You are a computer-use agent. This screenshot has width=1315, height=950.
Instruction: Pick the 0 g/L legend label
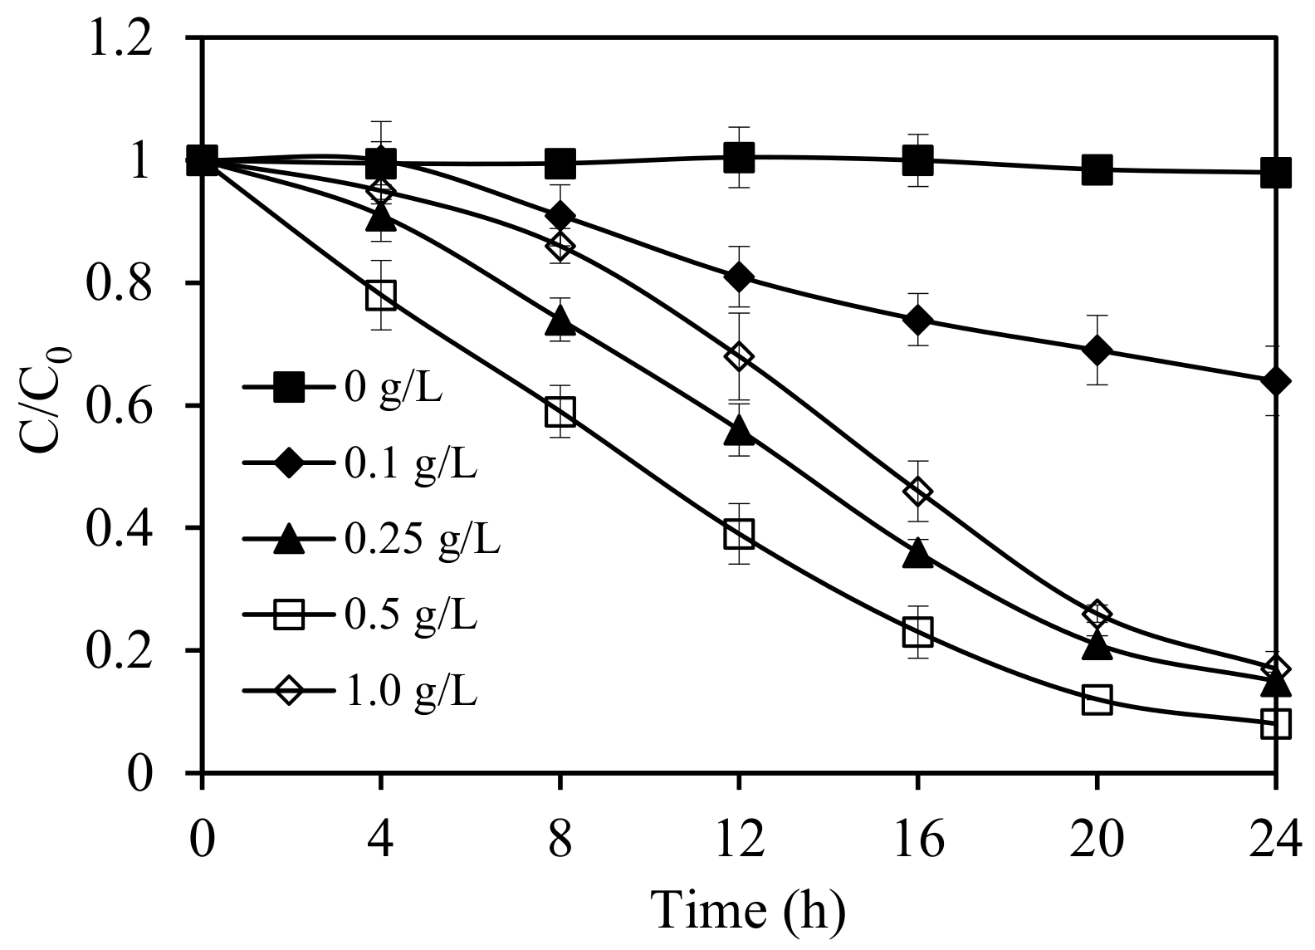[x=393, y=388]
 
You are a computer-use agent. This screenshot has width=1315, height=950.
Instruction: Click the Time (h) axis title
[x=747, y=909]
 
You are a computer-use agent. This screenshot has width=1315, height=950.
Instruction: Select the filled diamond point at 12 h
[x=738, y=277]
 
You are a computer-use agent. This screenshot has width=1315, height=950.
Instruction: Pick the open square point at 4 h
[x=381, y=295]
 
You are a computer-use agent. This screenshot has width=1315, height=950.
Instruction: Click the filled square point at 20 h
[x=1097, y=169]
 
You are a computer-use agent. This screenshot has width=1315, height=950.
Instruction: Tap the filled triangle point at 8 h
[x=560, y=320]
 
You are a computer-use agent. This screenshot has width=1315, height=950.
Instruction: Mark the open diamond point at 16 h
[x=917, y=492]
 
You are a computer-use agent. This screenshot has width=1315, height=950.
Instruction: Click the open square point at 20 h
[x=1097, y=699]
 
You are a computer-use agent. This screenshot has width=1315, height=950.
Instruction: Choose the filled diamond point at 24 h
[x=1275, y=382]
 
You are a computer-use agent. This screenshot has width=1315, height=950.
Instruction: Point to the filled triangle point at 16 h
[x=917, y=554]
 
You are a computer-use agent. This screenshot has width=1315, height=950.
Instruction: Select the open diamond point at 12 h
[x=738, y=357]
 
